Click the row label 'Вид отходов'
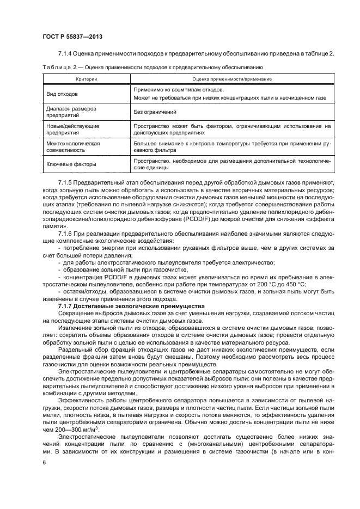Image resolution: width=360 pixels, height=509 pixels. (x=62, y=93)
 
